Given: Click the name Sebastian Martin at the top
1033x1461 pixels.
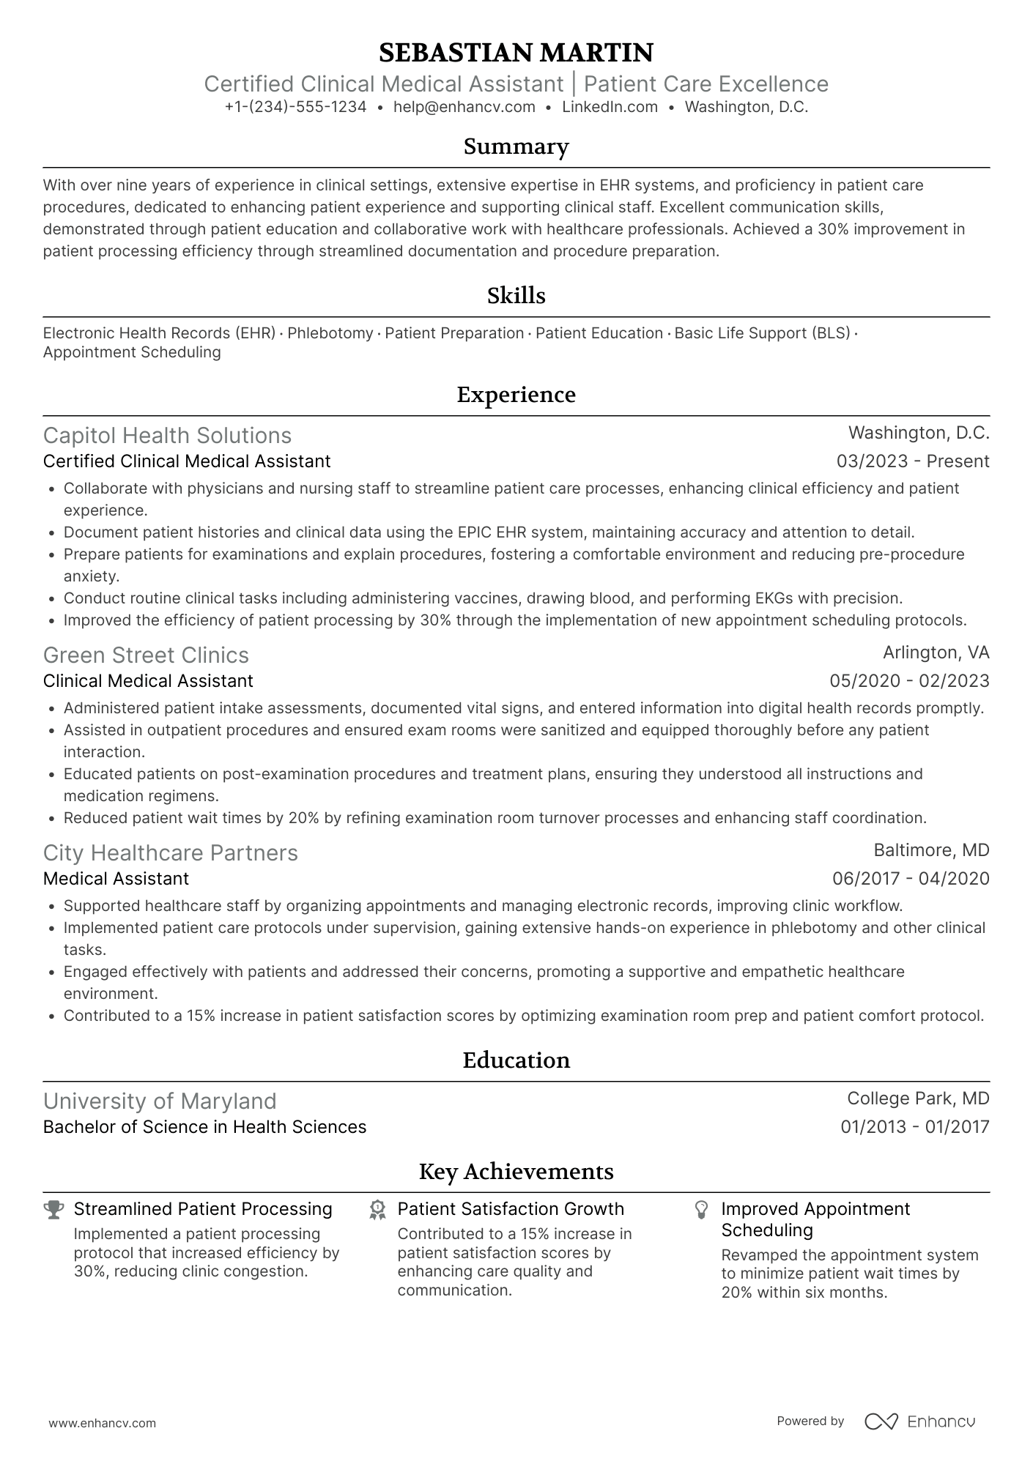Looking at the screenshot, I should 516,53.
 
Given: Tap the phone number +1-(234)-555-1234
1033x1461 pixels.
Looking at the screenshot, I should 295,107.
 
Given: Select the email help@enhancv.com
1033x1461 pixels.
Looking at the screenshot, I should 464,107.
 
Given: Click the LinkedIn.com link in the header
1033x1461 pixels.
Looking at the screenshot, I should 610,107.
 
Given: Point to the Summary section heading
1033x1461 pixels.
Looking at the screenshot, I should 516,146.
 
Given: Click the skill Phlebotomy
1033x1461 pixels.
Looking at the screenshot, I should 330,333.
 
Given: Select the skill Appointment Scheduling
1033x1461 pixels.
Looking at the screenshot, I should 132,352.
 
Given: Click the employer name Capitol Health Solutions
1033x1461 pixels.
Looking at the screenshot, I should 167,436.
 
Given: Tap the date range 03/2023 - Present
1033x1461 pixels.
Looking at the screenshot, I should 912,461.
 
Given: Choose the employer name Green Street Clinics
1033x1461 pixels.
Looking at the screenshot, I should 146,655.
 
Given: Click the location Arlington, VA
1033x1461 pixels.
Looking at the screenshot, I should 936,653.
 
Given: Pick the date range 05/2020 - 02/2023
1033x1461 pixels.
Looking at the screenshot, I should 908,681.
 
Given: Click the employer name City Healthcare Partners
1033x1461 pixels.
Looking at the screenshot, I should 170,853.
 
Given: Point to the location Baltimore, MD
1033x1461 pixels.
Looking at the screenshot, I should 931,850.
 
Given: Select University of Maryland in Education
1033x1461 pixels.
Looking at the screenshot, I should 160,1101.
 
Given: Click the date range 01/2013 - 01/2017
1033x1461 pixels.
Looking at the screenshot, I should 914,1127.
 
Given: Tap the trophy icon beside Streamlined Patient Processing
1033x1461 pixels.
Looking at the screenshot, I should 53,1209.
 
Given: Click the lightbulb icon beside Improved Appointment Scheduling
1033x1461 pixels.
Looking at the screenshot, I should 701,1209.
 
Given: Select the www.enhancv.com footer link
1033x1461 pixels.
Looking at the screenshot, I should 102,1424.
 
